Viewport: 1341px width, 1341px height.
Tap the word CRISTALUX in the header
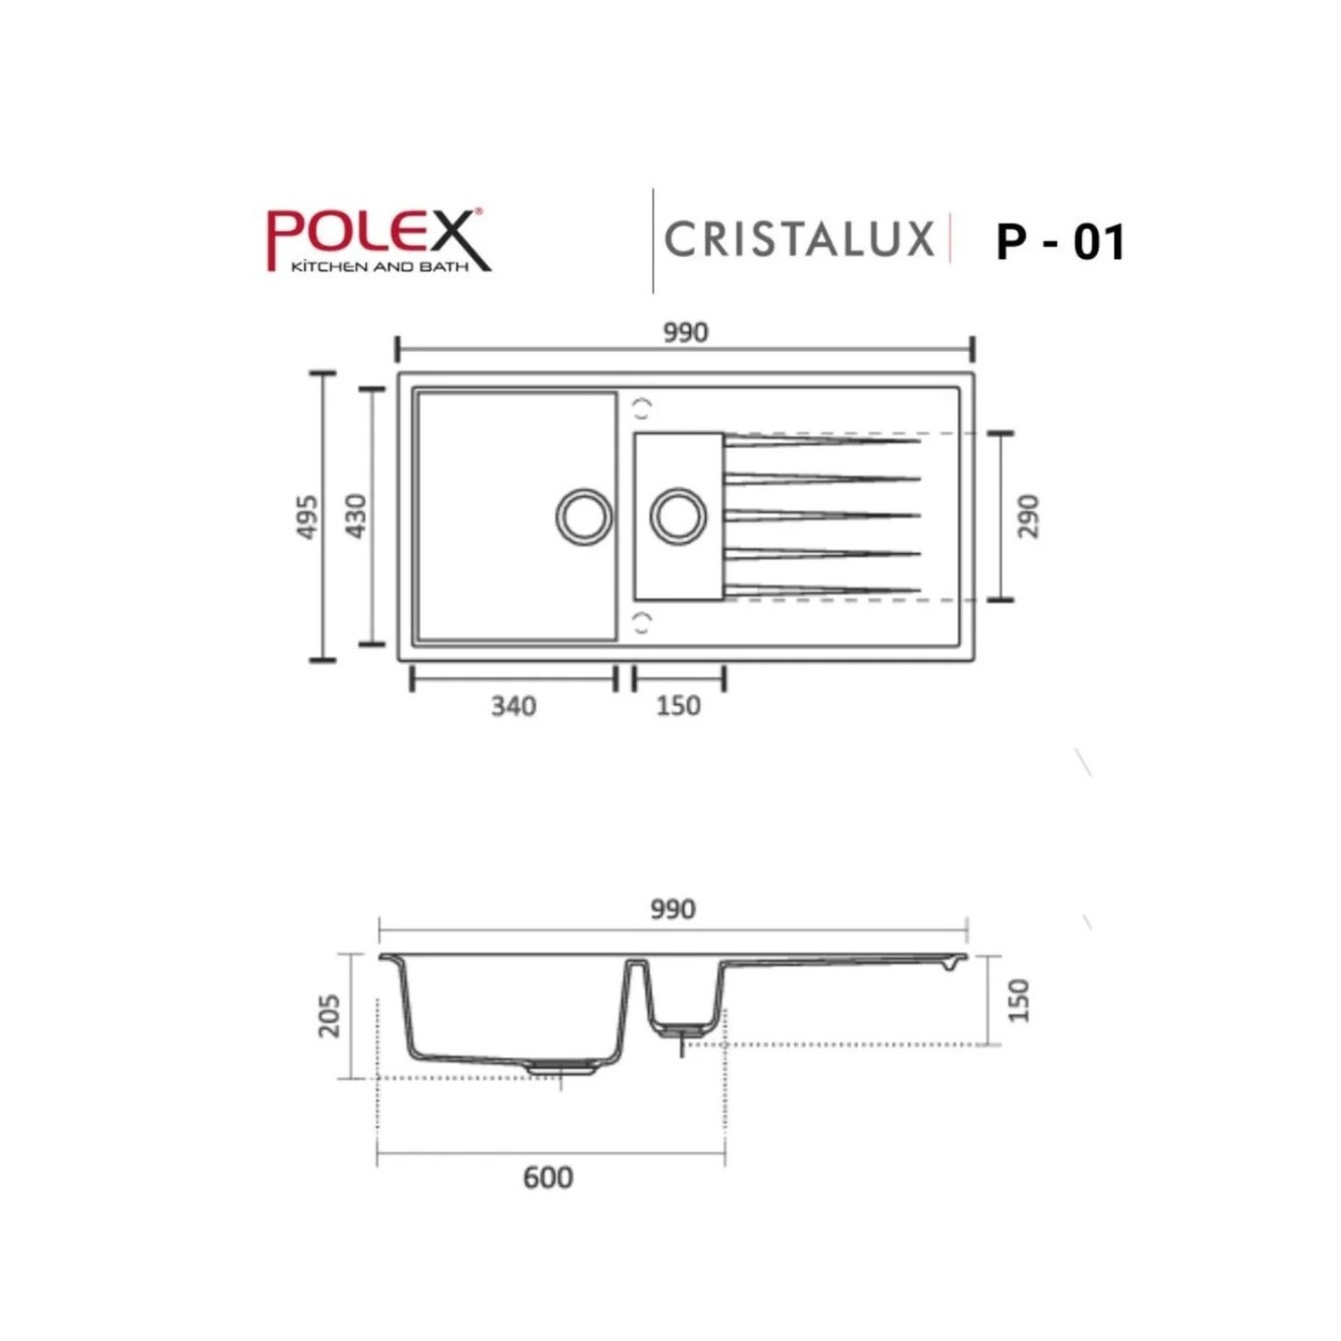click(799, 239)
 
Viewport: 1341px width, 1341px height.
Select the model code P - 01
click(1061, 242)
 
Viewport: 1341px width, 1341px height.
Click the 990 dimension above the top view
click(685, 332)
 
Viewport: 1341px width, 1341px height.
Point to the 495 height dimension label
click(306, 517)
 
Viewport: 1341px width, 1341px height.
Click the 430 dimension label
click(356, 516)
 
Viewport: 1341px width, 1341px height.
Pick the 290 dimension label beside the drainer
click(1027, 516)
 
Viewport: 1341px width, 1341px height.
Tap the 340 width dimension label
click(513, 706)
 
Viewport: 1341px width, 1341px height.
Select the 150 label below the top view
click(678, 706)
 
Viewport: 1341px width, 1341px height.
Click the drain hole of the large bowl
click(584, 516)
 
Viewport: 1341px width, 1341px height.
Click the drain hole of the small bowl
click(678, 516)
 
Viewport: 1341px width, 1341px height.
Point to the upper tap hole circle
click(642, 408)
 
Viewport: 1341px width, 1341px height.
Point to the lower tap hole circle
click(642, 623)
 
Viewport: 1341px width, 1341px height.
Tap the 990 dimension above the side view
click(672, 909)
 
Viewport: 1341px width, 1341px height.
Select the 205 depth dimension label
click(329, 1015)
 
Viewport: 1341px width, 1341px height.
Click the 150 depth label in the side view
click(1019, 1000)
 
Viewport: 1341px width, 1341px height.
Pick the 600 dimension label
click(548, 1178)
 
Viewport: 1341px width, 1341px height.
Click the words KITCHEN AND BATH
click(380, 267)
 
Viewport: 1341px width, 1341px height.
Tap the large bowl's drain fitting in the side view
click(562, 1068)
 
